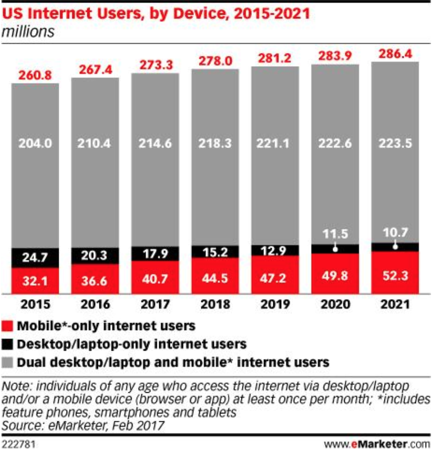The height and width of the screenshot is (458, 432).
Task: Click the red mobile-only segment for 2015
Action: point(35,280)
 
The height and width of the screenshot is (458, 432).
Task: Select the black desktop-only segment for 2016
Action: point(95,255)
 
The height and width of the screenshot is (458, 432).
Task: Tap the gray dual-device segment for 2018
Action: point(216,157)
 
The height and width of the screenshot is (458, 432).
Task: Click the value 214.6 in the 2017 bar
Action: point(155,143)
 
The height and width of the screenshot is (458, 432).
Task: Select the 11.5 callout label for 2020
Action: point(336,233)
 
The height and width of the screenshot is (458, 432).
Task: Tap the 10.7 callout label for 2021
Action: point(395,231)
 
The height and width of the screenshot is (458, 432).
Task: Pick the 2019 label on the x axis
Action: point(275,305)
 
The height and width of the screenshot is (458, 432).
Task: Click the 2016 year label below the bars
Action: point(95,305)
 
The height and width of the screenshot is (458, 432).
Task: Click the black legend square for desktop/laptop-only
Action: point(8,344)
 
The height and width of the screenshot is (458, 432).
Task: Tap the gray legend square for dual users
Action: point(8,363)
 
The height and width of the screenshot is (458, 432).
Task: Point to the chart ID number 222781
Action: point(19,445)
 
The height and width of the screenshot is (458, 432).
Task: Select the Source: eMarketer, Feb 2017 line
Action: point(83,425)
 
